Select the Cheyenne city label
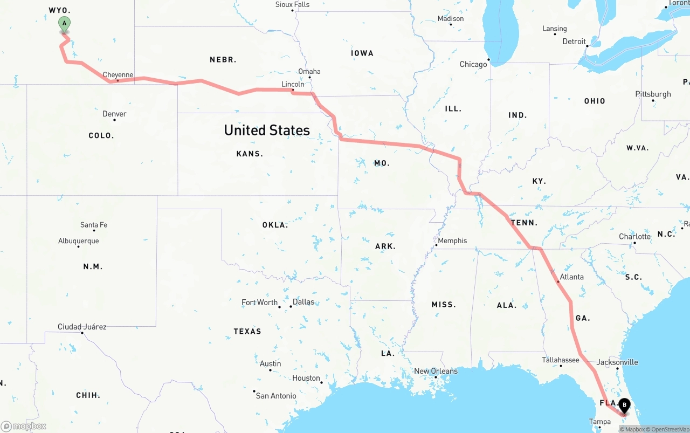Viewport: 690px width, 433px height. (118, 75)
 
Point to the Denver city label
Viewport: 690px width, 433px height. (114, 114)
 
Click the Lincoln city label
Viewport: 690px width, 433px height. (293, 84)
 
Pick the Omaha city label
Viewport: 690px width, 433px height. (309, 71)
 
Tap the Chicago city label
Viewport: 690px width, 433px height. (473, 64)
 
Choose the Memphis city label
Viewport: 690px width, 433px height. (452, 240)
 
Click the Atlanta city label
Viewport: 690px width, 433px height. (571, 277)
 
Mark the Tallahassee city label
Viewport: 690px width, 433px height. (561, 360)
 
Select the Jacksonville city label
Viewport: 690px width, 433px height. (617, 362)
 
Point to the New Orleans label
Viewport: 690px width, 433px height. (436, 371)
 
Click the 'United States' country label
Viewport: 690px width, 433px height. (267, 130)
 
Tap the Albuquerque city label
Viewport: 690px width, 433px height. (79, 241)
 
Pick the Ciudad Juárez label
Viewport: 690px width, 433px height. (82, 327)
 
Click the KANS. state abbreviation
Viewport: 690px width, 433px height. (250, 154)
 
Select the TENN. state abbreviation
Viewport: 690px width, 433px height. (524, 223)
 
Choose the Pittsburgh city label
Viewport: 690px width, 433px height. (653, 94)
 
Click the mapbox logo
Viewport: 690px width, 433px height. (24, 426)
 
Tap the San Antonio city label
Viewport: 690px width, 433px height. (275, 396)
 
